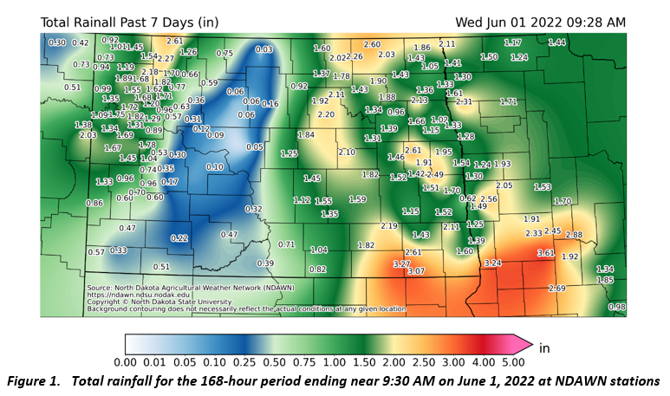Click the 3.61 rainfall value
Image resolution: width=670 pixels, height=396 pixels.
click(x=545, y=252)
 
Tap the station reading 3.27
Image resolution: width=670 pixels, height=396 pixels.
click(x=401, y=263)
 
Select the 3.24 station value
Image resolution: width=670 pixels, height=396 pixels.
click(x=493, y=262)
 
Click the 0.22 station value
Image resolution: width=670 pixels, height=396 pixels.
click(x=179, y=237)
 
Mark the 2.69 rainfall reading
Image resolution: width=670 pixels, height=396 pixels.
click(x=557, y=288)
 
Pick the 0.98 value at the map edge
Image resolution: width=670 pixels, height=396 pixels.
click(x=617, y=307)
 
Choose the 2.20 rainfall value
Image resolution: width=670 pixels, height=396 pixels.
click(x=327, y=114)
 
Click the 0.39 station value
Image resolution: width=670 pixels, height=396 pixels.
click(x=265, y=263)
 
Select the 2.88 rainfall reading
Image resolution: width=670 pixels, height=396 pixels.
click(x=574, y=235)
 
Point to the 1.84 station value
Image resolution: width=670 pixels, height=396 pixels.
click(x=306, y=134)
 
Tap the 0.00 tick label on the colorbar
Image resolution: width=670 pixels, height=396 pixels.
click(x=127, y=361)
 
